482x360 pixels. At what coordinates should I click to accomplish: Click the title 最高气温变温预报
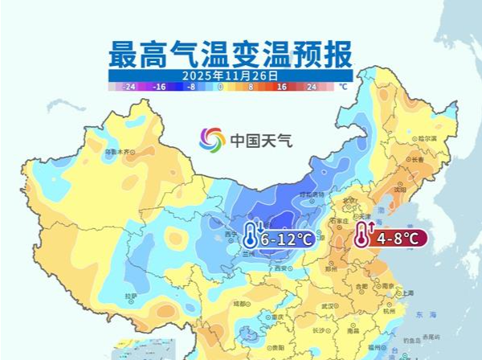[230, 55]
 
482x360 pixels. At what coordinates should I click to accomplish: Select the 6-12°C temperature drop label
[287, 239]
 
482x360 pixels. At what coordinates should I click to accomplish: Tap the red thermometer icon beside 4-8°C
[362, 236]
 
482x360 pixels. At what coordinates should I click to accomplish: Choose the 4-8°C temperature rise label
[398, 239]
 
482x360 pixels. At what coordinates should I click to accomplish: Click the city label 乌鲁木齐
[119, 151]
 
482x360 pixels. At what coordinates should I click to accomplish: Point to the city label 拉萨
[131, 297]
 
